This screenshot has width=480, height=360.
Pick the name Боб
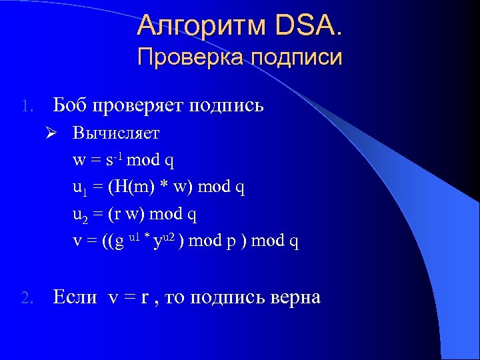point(71,105)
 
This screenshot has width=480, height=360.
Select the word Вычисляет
point(116,133)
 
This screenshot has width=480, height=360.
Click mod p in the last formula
point(215,241)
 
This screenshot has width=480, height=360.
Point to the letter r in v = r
point(145,298)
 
